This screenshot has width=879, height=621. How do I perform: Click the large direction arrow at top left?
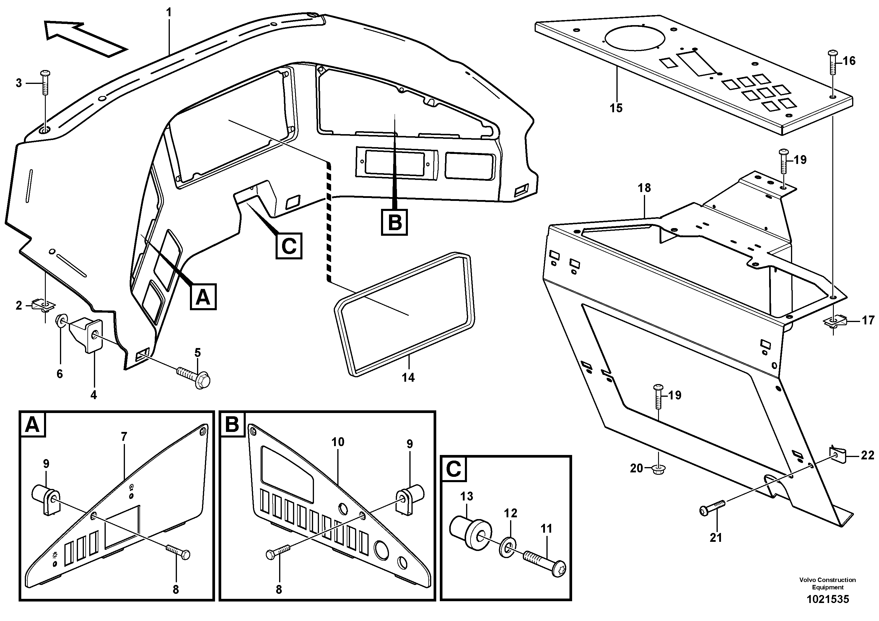[x=82, y=38]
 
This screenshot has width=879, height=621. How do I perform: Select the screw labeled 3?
[x=45, y=84]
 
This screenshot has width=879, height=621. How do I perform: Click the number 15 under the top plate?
[x=616, y=108]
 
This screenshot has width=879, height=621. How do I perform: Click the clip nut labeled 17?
[x=834, y=321]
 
